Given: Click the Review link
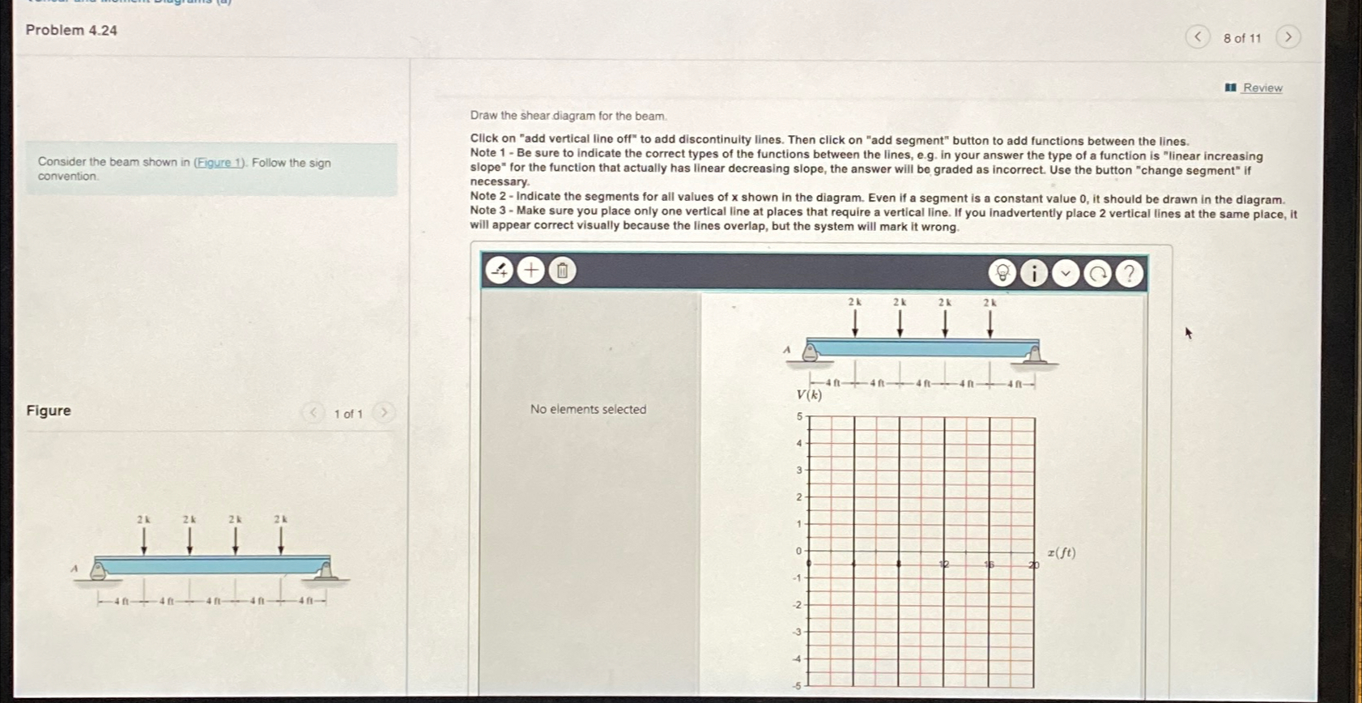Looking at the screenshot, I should click(x=1262, y=87).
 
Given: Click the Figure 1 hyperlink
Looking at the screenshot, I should click(x=219, y=163).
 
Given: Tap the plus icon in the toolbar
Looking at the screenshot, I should click(x=531, y=270).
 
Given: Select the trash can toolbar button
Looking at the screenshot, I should click(x=563, y=271).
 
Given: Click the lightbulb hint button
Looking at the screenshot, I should click(x=1002, y=273).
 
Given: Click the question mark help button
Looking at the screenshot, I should click(x=1129, y=274).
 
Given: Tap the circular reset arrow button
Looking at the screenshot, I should click(x=1097, y=274).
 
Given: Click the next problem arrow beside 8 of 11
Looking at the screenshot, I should click(x=1288, y=37).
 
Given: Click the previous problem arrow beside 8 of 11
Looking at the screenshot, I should click(x=1197, y=37).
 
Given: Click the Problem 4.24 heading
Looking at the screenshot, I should click(x=71, y=31).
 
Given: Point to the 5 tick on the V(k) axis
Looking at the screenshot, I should click(x=799, y=416).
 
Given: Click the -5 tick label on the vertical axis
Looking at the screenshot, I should click(x=797, y=685).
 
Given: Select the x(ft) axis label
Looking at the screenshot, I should click(x=1061, y=552).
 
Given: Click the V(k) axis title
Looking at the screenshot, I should click(x=809, y=394).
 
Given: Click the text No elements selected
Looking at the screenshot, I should click(x=588, y=410).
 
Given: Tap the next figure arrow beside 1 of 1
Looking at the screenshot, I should click(x=384, y=413).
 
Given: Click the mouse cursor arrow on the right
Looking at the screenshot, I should click(x=1188, y=332).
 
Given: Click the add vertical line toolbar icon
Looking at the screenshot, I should click(x=500, y=270).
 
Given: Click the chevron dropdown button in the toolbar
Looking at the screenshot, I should click(x=1066, y=274).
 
